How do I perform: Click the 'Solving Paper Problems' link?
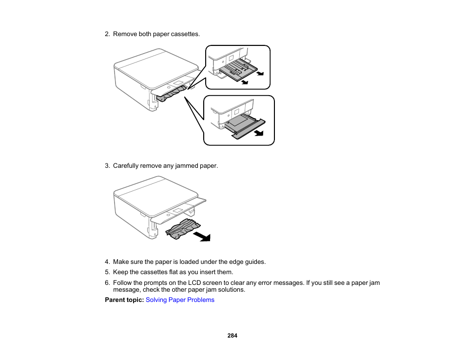tap(180, 300)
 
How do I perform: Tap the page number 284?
tap(232, 336)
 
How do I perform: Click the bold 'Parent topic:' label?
tap(124, 300)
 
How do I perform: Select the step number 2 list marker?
tap(107, 34)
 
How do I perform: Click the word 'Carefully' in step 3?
tap(126, 166)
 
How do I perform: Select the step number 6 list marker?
tap(107, 283)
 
